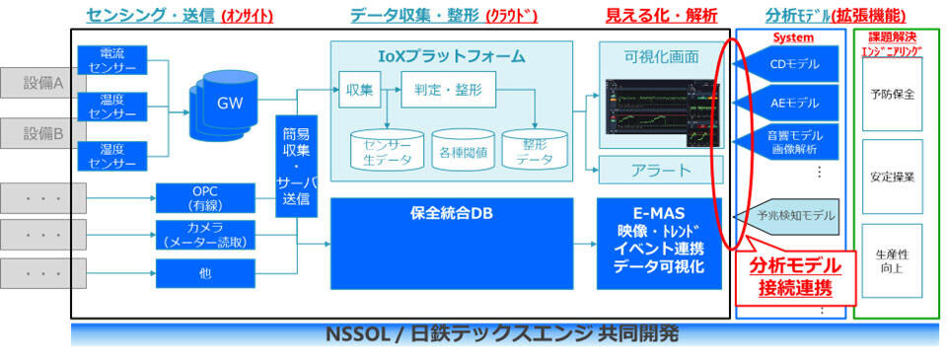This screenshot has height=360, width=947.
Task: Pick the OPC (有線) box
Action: (x=205, y=197)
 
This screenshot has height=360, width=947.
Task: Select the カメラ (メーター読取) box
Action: (x=205, y=236)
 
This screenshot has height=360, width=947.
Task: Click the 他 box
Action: (x=205, y=273)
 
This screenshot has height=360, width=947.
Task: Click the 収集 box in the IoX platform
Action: (x=359, y=91)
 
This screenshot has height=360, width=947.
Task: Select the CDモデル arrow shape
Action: (x=788, y=66)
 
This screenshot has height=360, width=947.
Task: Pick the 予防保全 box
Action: (x=892, y=95)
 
